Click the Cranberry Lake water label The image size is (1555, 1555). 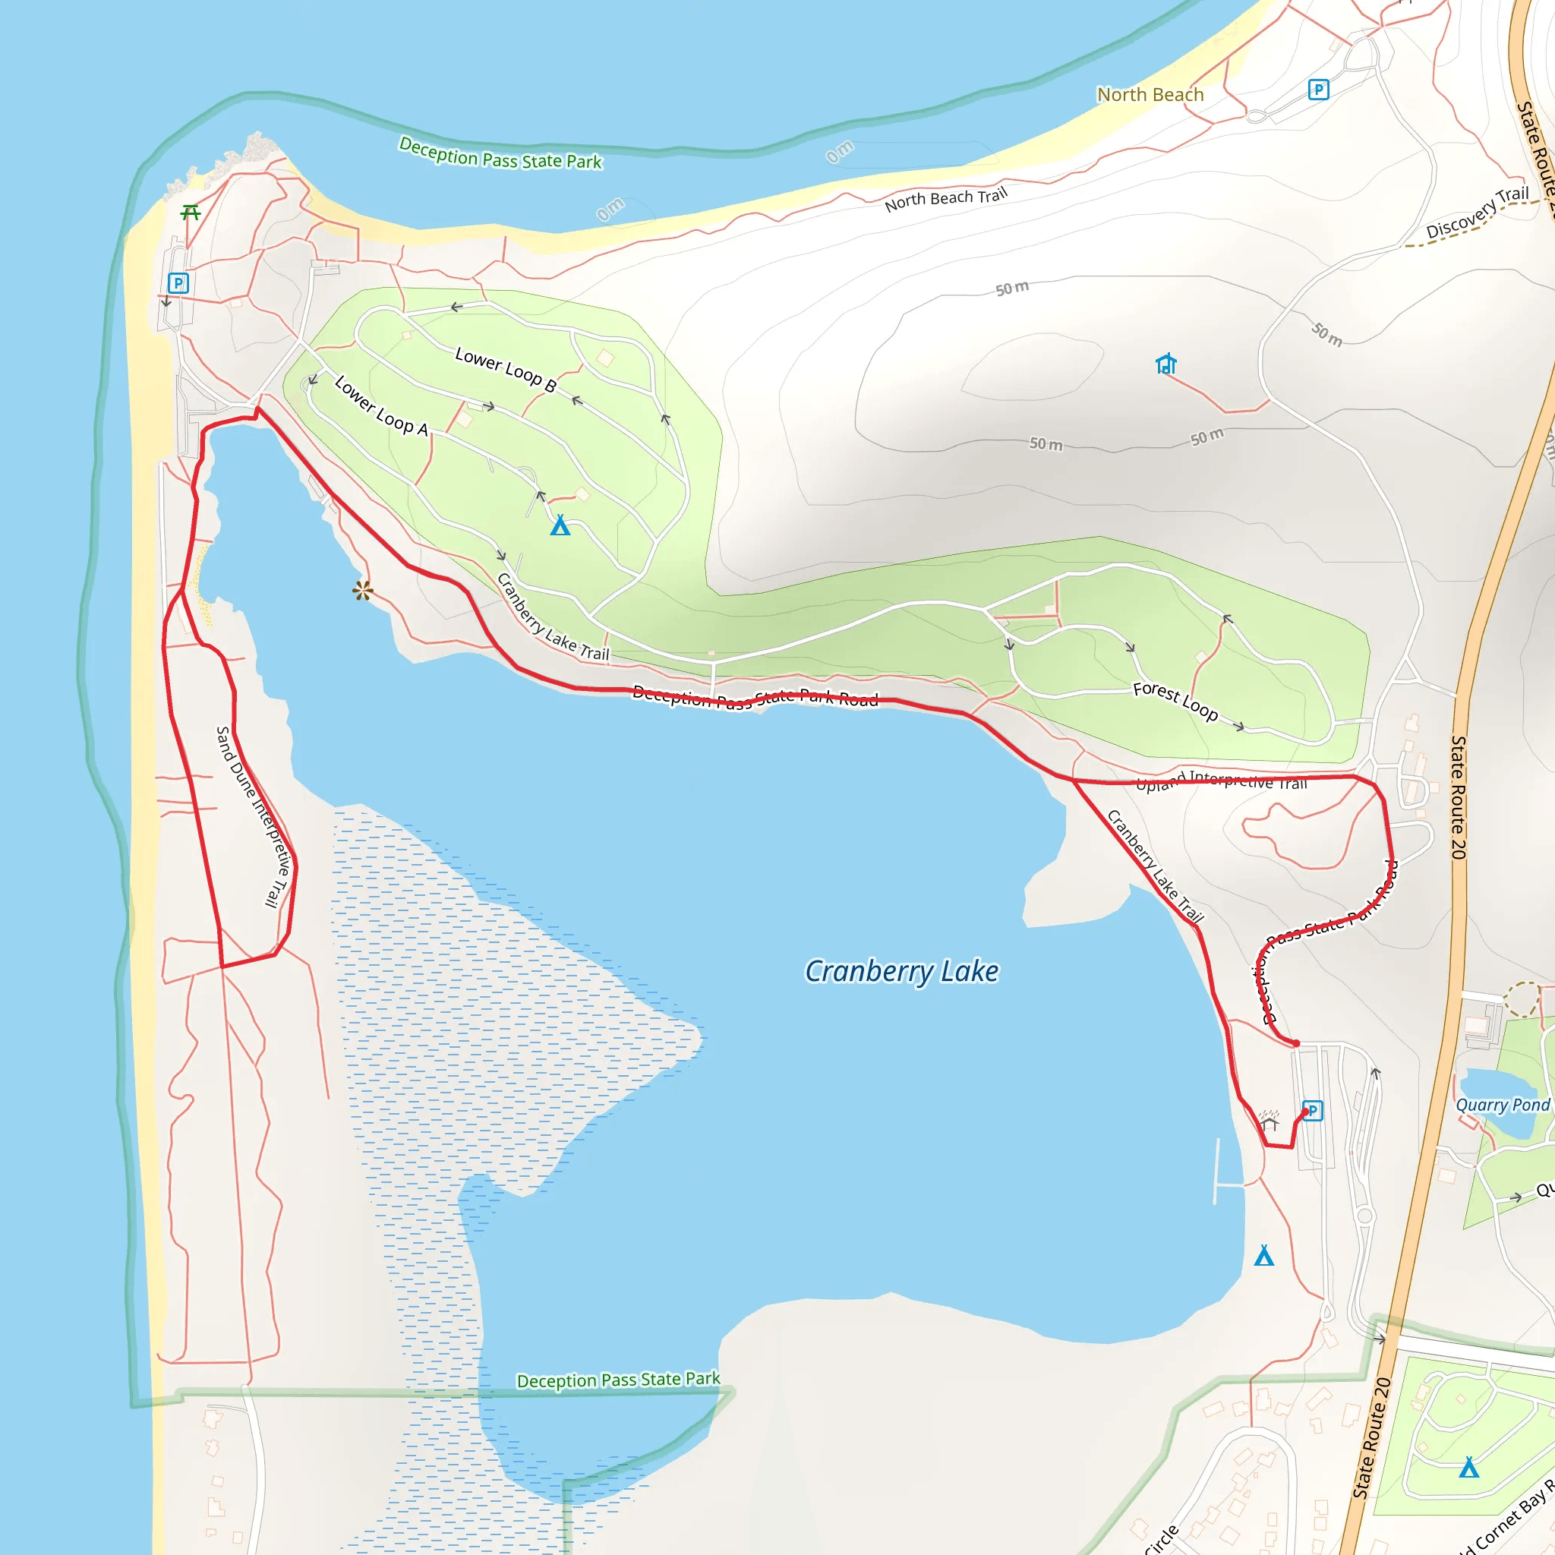901,971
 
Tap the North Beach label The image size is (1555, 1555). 1150,95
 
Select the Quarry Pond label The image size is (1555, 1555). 1502,1105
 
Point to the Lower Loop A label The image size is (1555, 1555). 380,405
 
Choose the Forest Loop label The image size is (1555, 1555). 1175,700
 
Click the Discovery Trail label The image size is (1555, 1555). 1477,213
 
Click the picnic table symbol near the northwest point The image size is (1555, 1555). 191,213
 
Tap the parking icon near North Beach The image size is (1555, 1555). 1318,90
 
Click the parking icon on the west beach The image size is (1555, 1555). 178,283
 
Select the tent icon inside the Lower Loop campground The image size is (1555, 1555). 560,525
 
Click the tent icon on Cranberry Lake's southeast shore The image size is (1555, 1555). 1264,1256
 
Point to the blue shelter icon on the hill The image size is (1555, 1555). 1165,364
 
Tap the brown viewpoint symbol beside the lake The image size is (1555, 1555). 363,591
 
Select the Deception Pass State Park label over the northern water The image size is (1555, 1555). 500,153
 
